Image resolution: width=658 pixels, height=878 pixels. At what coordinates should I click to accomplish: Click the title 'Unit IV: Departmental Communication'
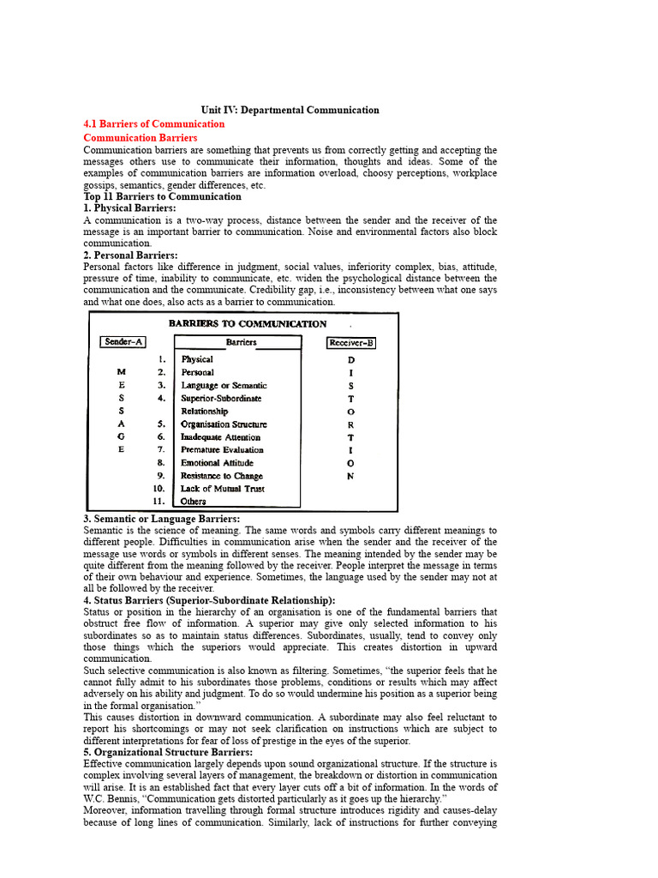[x=290, y=110]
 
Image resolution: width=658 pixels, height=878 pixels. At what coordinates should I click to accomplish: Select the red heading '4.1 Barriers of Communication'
[x=153, y=123]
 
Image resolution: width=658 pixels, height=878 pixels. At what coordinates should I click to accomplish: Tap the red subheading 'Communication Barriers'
[x=140, y=137]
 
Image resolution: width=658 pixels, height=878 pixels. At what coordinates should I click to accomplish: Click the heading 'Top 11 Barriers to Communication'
[x=162, y=196]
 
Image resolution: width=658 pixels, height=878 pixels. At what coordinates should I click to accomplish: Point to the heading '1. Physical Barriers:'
[x=129, y=208]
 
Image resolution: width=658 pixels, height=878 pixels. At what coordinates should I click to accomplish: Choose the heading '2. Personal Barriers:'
[x=130, y=255]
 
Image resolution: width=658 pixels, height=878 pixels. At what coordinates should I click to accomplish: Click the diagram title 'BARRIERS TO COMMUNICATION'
[x=247, y=324]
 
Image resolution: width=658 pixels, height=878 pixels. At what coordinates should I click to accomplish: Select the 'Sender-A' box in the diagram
[x=123, y=342]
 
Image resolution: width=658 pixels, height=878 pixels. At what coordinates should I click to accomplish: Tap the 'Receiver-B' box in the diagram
[x=350, y=343]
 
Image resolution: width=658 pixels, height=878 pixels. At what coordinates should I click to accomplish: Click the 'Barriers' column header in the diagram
[x=241, y=342]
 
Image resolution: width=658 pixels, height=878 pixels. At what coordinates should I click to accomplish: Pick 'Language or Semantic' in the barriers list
[x=224, y=386]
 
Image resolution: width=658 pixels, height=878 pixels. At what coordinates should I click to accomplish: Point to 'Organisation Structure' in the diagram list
[x=224, y=424]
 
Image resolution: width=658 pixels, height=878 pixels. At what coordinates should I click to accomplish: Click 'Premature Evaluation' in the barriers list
[x=222, y=450]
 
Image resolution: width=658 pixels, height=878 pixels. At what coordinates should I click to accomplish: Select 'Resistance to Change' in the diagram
[x=221, y=476]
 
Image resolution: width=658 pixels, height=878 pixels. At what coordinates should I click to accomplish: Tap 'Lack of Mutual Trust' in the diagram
[x=222, y=489]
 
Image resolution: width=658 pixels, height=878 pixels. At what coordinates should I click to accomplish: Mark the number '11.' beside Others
[x=159, y=502]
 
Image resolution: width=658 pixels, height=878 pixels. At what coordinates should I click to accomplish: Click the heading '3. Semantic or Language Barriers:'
[x=161, y=519]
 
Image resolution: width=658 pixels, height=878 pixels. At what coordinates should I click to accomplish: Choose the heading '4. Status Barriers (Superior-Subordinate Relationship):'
[x=209, y=600]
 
